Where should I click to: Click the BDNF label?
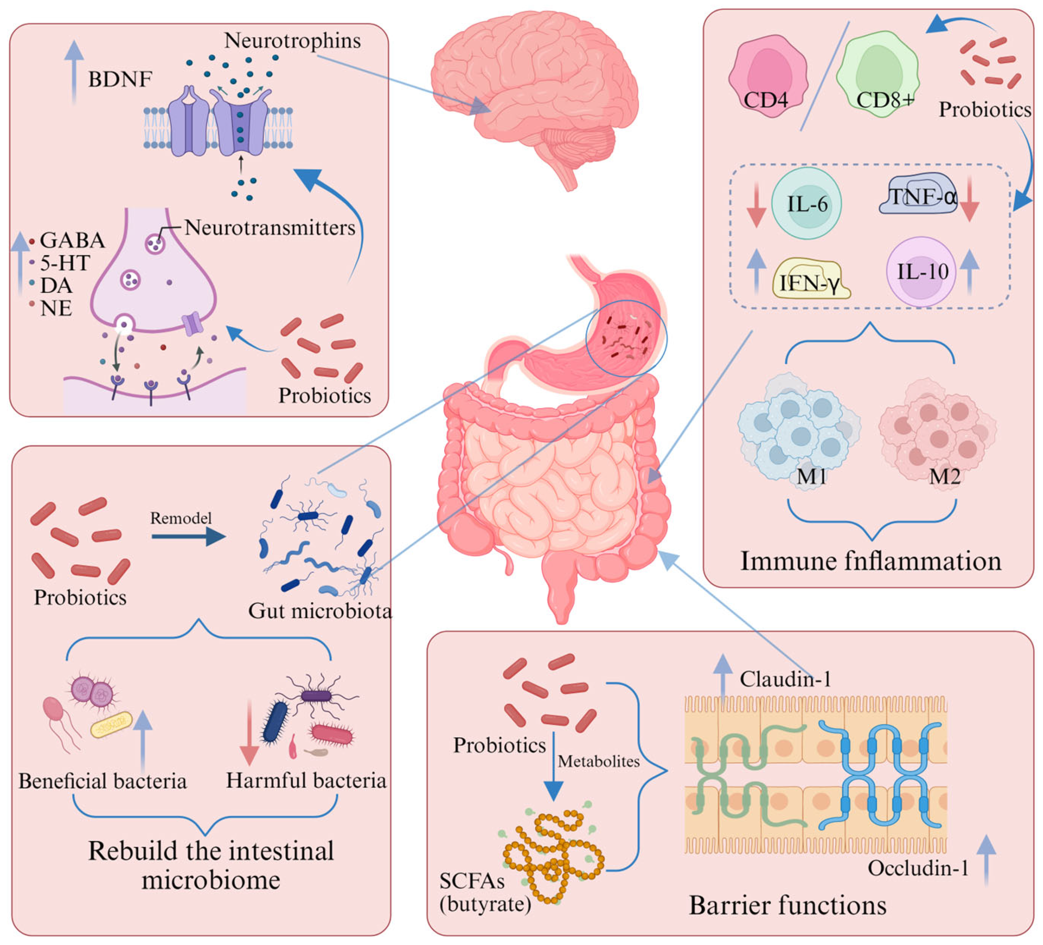tap(120, 80)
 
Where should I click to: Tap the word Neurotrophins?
tap(292, 41)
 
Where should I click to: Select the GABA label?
tap(72, 240)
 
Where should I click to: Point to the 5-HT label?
tap(65, 263)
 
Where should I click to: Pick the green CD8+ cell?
tap(878, 75)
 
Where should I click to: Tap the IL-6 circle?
tap(806, 203)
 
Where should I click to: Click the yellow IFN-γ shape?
tap(811, 280)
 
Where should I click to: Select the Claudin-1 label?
tap(785, 680)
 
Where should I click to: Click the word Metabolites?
tap(598, 761)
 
